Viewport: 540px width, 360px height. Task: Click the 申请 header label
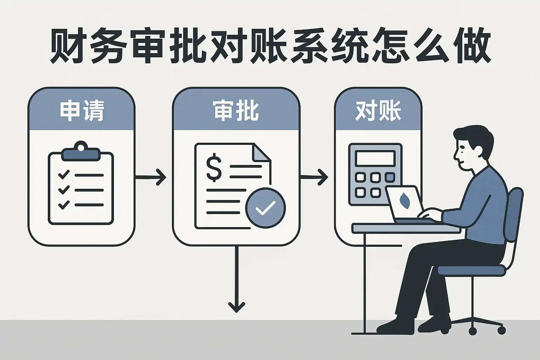click(82, 111)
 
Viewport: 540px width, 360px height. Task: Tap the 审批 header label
click(236, 111)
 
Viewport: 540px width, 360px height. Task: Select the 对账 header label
click(378, 111)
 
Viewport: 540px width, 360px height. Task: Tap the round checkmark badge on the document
click(265, 207)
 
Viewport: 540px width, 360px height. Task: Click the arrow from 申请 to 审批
click(151, 177)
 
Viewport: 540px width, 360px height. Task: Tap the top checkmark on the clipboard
click(64, 174)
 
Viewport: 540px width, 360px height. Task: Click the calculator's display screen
click(375, 158)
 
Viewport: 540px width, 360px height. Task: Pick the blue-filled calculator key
click(390, 177)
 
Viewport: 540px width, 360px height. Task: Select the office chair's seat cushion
click(471, 270)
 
